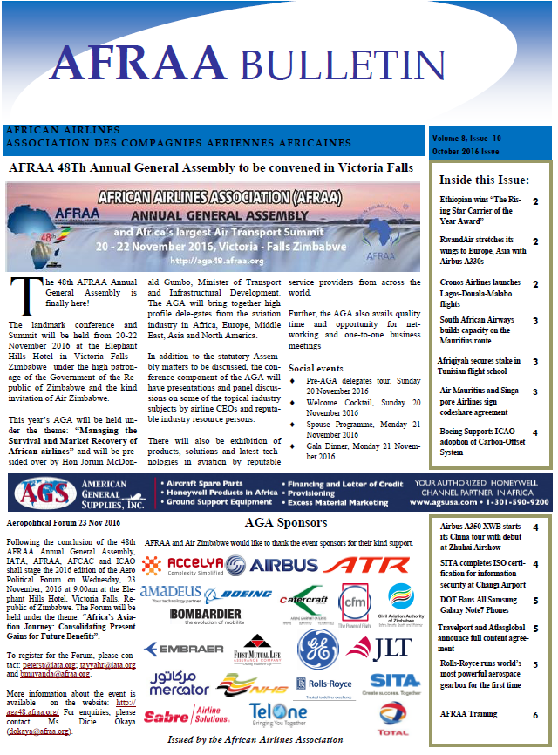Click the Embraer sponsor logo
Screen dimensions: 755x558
[179, 650]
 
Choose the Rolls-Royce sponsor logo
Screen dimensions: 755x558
[323, 684]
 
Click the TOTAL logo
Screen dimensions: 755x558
[394, 716]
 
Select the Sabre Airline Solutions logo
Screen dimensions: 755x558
[187, 717]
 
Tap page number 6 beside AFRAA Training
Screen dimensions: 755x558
[534, 715]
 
